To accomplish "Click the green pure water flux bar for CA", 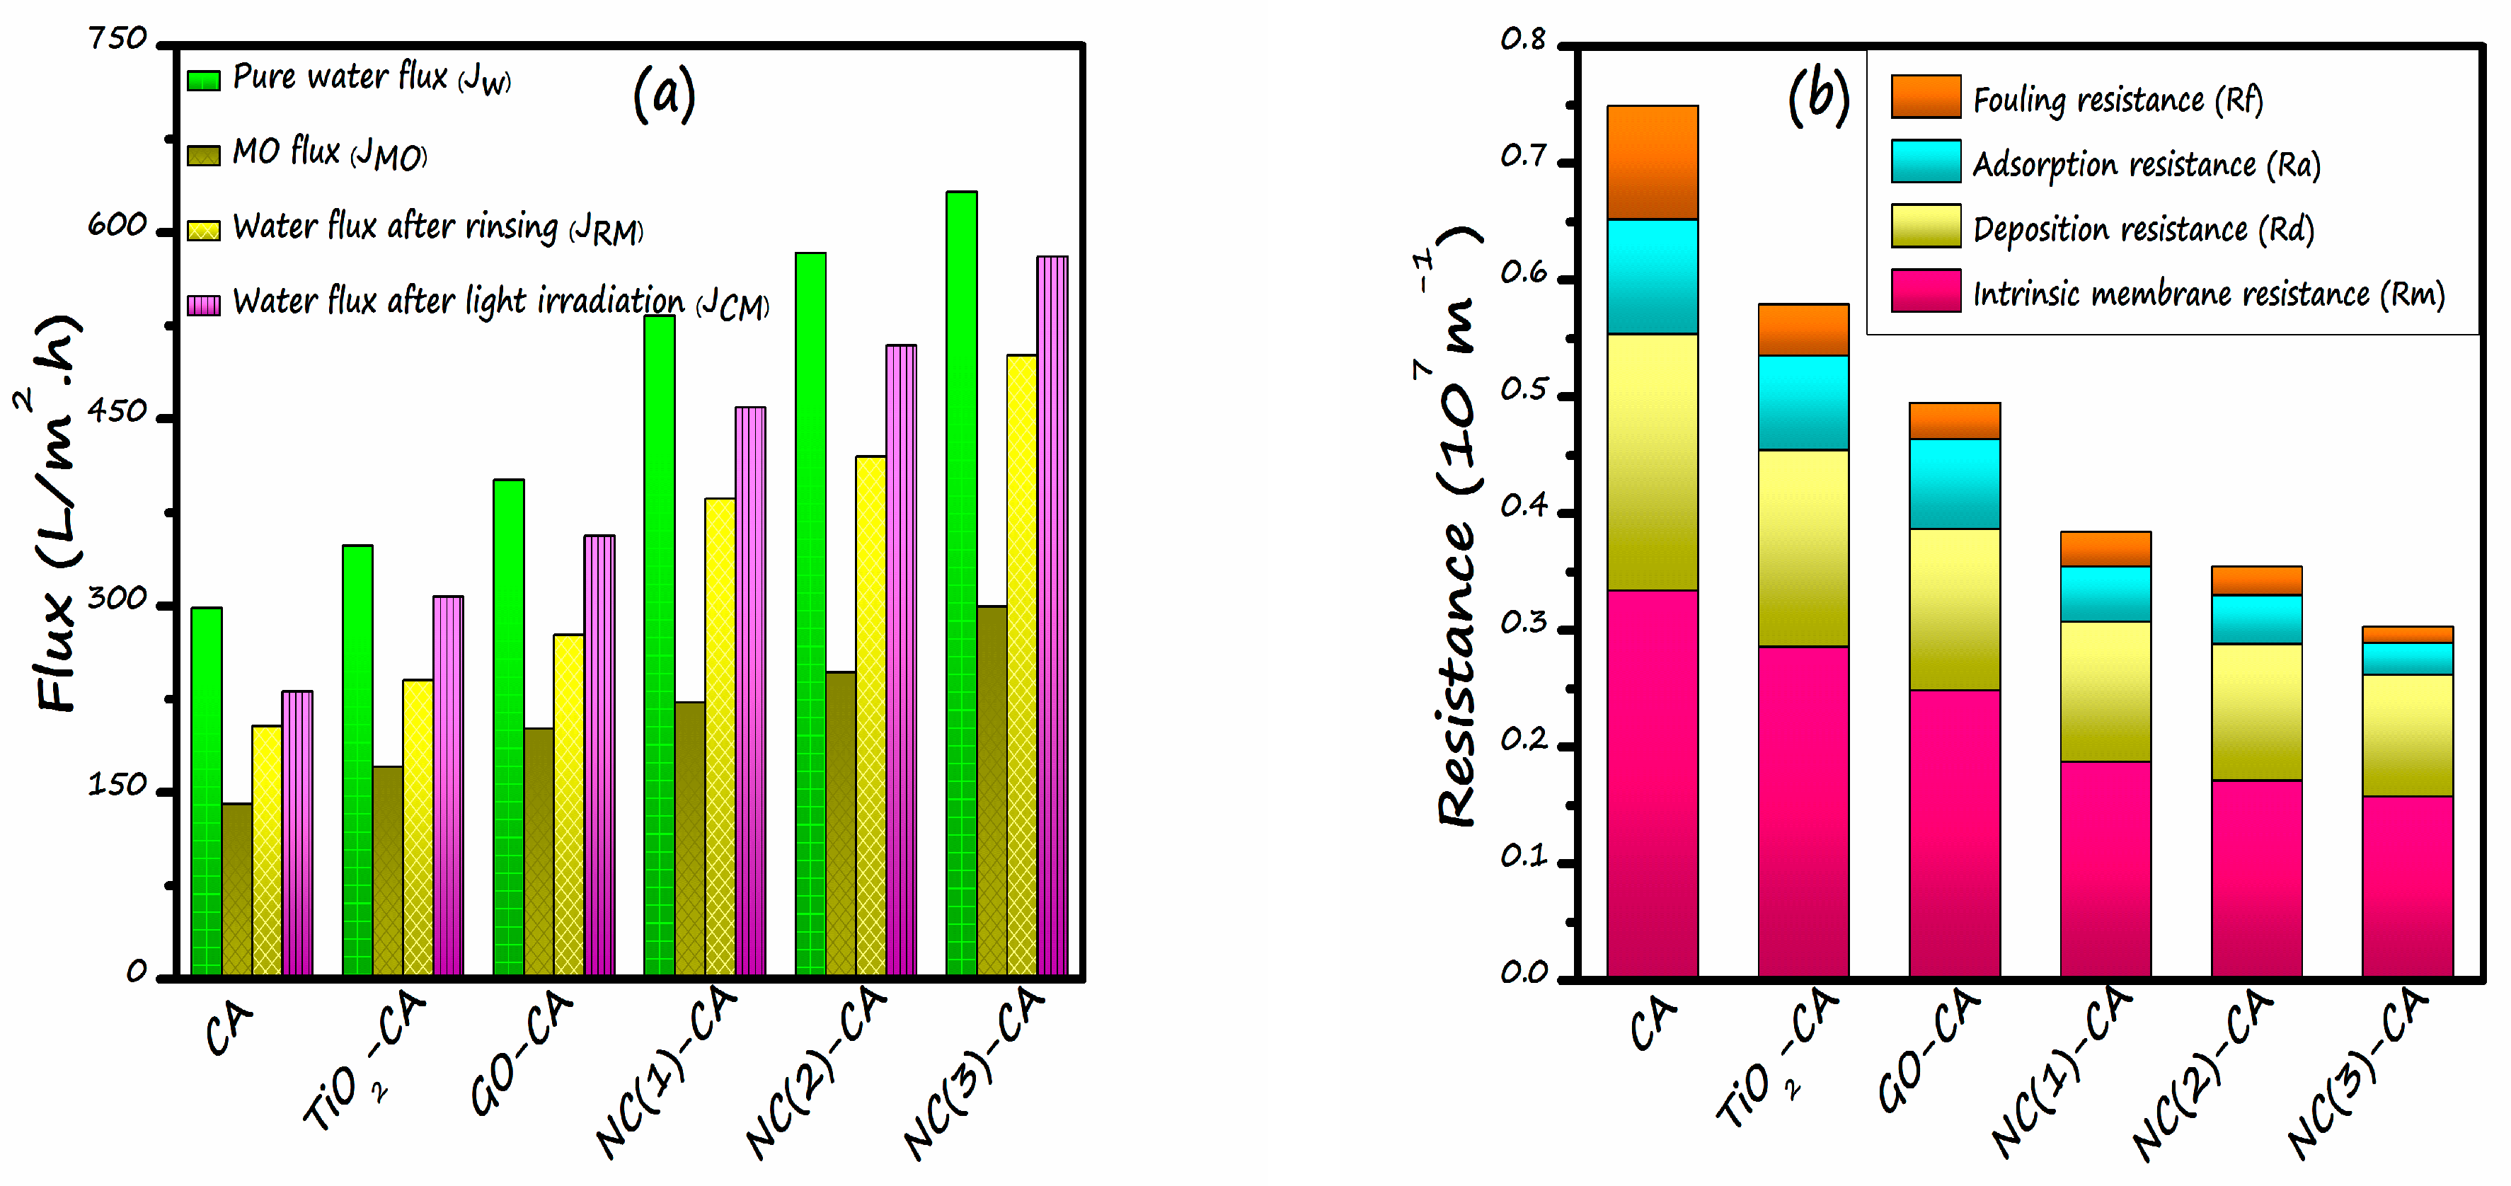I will [206, 789].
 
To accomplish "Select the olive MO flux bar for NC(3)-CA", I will [992, 789].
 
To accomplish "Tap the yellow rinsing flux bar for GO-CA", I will [568, 804].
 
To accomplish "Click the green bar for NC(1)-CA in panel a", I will [659, 643].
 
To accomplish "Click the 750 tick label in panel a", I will [117, 40].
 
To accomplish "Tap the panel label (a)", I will [664, 95].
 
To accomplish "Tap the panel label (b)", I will [1818, 98].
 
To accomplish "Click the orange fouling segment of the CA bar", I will [1653, 162].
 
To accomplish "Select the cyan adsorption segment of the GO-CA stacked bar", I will [1955, 483].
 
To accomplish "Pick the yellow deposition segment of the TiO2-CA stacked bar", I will [1803, 548].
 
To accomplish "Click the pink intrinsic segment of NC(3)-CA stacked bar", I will [2407, 886].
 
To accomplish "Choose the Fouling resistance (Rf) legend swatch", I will [1925, 96].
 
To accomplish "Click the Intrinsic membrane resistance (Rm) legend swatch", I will [1925, 290].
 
